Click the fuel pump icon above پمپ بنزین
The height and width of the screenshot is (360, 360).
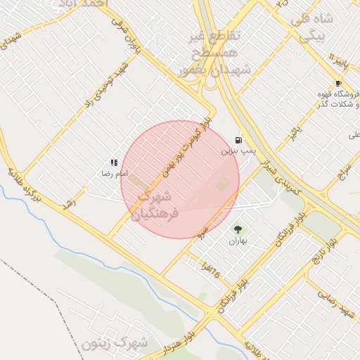pos(238,140)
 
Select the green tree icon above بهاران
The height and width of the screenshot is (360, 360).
pos(237,229)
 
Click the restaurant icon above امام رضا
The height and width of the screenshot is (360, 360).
pos(114,162)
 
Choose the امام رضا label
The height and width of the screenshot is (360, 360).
pos(113,172)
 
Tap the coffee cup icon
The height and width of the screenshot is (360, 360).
pos(338,84)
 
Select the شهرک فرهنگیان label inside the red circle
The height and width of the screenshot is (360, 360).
pos(160,202)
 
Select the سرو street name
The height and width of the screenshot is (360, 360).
pos(202,230)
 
